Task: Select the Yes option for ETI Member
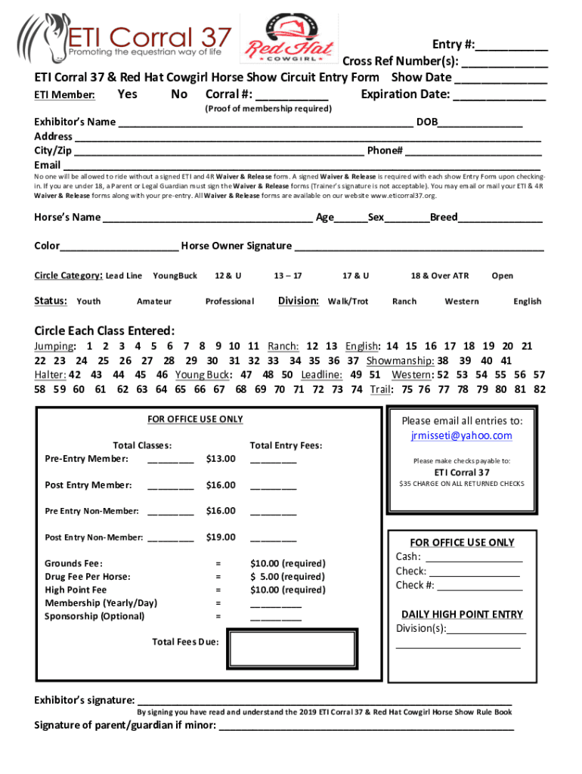coord(128,94)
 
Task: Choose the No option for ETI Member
coord(179,94)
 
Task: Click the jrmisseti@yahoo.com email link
coord(461,436)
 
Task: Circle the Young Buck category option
coord(175,276)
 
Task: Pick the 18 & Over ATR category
coord(440,276)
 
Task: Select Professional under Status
coord(230,302)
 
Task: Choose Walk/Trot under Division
coord(348,302)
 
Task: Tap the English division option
coord(527,302)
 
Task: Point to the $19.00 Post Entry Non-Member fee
coord(221,537)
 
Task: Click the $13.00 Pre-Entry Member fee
coord(221,459)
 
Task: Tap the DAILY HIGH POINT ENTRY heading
coord(462,615)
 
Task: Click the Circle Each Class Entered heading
coord(105,331)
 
